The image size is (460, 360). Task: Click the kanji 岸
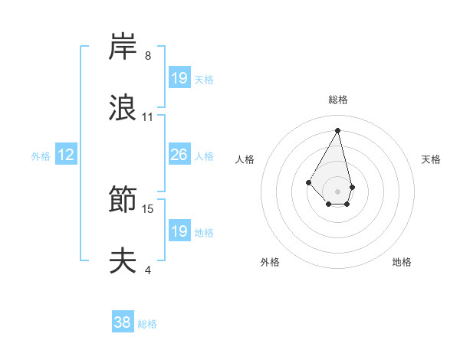point(123,47)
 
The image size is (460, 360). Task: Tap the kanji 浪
point(123,109)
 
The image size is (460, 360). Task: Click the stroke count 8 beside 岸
point(148,56)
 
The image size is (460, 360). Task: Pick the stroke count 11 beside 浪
point(148,117)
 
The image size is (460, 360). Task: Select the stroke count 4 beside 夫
point(148,270)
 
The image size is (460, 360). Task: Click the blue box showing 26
point(179,155)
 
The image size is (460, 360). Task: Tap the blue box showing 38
point(123,323)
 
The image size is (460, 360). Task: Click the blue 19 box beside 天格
point(179,78)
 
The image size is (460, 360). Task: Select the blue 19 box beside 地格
point(179,231)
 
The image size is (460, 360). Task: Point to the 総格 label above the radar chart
point(338,100)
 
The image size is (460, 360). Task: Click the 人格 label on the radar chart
point(245,159)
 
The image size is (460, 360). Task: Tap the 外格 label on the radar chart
point(270,262)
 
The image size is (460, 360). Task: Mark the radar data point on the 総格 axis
point(338,129)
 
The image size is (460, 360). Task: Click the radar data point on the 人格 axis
point(308,182)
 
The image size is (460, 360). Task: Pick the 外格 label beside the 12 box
point(41,156)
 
